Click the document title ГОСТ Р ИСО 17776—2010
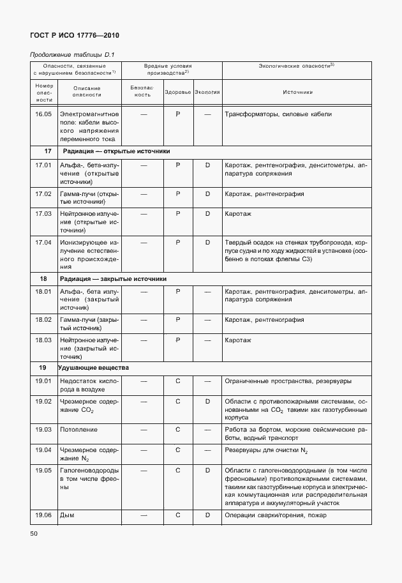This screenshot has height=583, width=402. click(75, 36)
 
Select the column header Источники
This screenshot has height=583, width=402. click(297, 92)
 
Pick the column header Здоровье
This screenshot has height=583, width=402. click(178, 92)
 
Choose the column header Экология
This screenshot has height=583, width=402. click(207, 92)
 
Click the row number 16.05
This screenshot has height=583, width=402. click(43, 114)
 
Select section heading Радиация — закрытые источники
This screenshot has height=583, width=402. click(113, 278)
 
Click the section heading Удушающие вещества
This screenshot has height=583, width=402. click(93, 368)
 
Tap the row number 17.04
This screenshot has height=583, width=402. click(43, 243)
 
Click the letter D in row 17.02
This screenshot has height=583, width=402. click(207, 193)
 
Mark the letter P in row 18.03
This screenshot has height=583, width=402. click(178, 340)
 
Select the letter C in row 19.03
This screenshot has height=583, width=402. click(178, 430)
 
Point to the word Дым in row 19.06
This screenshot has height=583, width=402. click(67, 515)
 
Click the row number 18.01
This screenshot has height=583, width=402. click(43, 292)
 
